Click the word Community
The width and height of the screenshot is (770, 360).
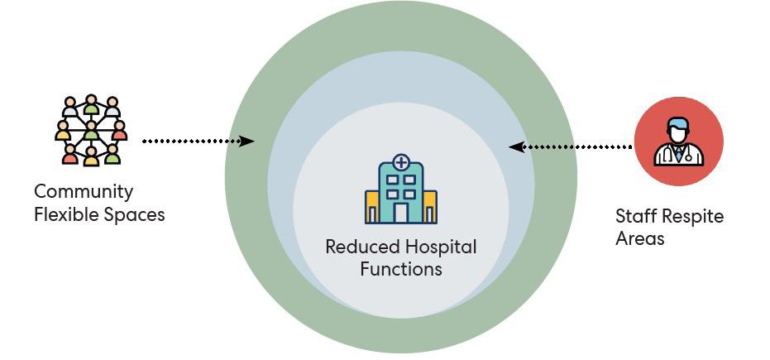pyautogui.click(x=83, y=192)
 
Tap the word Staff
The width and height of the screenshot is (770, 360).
pyautogui.click(x=635, y=217)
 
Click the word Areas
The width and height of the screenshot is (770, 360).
pyautogui.click(x=639, y=239)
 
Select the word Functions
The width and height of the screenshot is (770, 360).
pyautogui.click(x=401, y=269)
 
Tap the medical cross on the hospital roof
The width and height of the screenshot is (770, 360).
pyautogui.click(x=401, y=161)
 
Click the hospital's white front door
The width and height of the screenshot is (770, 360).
pyautogui.click(x=401, y=213)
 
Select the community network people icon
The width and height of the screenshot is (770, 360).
pyautogui.click(x=91, y=130)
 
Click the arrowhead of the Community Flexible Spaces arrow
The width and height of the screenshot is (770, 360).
pyautogui.click(x=247, y=142)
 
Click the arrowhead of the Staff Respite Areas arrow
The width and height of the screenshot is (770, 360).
pyautogui.click(x=514, y=147)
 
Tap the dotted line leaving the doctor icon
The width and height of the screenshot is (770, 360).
pyautogui.click(x=579, y=147)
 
